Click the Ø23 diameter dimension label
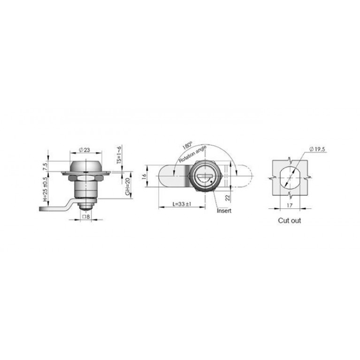84,150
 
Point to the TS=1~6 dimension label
119,154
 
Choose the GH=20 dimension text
128,187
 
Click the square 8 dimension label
86,216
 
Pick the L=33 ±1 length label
182,204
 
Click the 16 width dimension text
144,176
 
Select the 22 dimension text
228,198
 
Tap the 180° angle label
187,146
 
